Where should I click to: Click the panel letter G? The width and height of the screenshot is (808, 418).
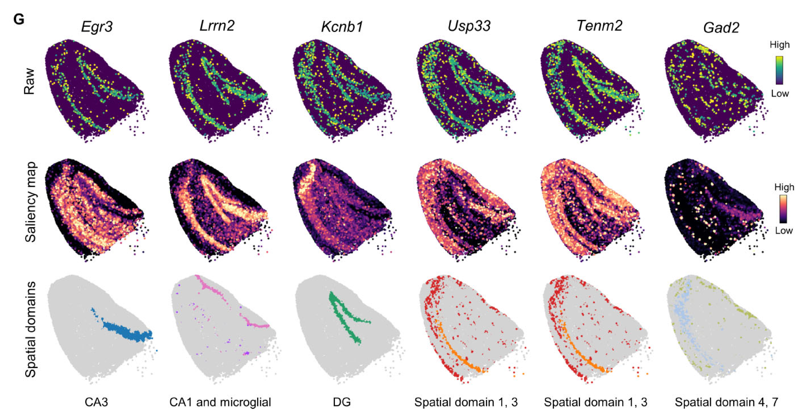click(x=19, y=20)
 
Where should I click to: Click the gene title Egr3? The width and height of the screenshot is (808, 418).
click(x=97, y=27)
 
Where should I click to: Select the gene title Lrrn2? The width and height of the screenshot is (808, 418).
click(x=217, y=26)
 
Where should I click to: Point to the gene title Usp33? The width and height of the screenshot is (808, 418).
click(x=469, y=26)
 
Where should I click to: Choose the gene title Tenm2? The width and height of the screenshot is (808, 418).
click(x=600, y=26)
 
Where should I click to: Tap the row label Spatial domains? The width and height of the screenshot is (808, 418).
click(x=31, y=329)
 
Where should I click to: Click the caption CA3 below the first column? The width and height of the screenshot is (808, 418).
click(x=96, y=402)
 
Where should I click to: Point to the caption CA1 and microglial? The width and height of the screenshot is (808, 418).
click(x=220, y=402)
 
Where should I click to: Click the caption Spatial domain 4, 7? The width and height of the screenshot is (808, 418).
click(x=726, y=402)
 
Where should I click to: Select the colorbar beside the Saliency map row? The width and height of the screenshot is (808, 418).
click(x=783, y=209)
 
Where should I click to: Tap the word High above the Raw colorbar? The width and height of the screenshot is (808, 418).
click(x=779, y=45)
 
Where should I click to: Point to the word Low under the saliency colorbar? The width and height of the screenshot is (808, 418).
click(x=784, y=231)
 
